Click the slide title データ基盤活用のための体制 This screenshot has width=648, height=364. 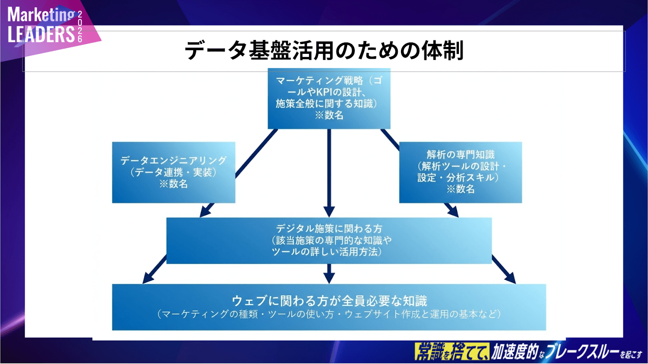click(324, 50)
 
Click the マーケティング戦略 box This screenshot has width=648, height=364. click(329, 98)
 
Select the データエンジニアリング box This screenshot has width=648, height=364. click(173, 172)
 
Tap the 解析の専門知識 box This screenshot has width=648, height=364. click(460, 172)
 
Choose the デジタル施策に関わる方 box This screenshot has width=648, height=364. click(329, 240)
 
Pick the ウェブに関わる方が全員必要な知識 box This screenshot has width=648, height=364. click(329, 307)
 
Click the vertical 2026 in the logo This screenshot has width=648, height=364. click(80, 27)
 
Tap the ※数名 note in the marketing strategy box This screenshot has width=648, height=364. click(329, 115)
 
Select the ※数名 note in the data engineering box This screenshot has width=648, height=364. click(173, 184)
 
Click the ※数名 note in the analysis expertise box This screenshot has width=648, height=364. click(460, 189)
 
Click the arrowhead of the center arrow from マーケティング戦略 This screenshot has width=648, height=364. click(329, 212)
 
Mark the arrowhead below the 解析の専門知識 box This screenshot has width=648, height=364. click(453, 211)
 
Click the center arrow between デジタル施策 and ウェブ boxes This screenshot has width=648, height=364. click(329, 274)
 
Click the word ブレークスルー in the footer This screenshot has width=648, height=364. click(582, 351)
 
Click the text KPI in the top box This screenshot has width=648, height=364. click(324, 92)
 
